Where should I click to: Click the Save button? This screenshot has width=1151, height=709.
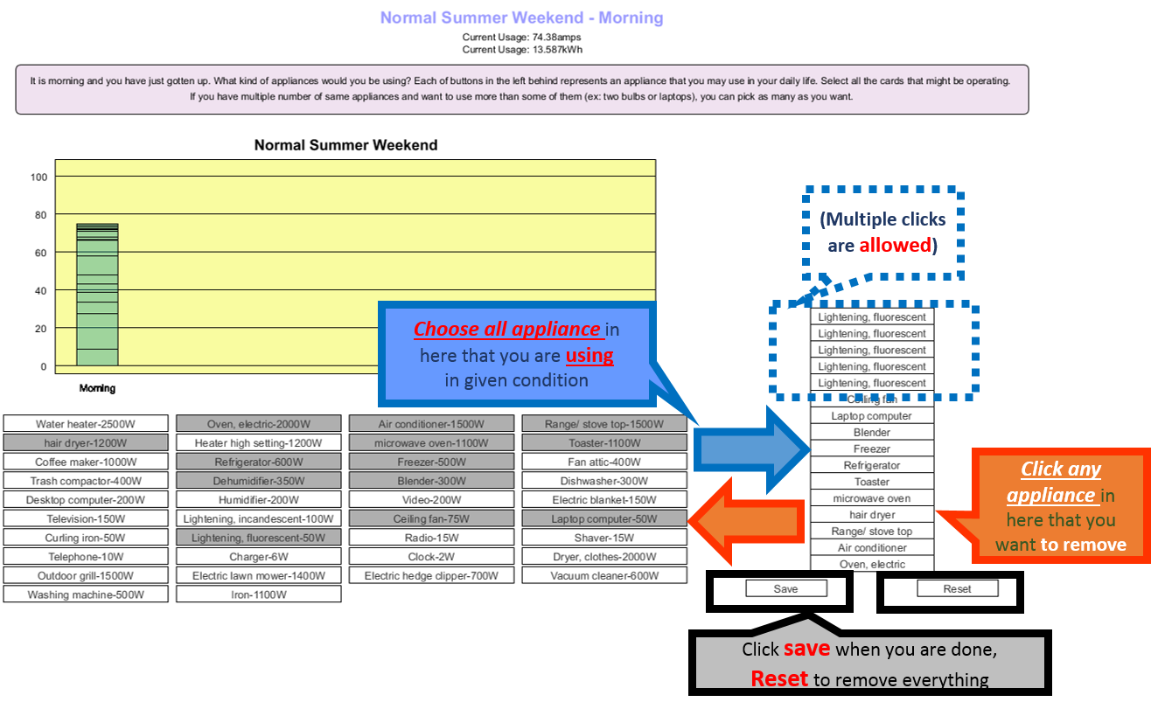point(785,589)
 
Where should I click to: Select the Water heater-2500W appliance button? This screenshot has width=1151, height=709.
point(86,424)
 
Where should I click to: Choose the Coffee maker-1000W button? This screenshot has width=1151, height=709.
point(86,462)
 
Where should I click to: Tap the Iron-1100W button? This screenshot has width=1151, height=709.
point(258,594)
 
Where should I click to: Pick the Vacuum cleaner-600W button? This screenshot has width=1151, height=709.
point(604,576)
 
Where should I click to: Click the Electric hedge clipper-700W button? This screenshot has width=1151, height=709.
point(431,576)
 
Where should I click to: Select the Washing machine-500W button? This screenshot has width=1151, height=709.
point(86,594)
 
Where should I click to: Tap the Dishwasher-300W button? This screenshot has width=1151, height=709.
point(604,481)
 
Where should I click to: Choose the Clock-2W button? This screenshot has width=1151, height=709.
point(431,557)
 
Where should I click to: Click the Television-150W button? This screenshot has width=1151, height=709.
point(86,518)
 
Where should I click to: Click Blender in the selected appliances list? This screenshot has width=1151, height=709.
point(872,433)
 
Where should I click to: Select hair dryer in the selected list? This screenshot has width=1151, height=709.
point(872,515)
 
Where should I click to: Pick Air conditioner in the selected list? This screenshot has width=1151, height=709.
point(872,548)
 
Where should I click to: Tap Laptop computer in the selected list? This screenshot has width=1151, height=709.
point(872,416)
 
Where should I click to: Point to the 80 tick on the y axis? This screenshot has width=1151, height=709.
point(38,215)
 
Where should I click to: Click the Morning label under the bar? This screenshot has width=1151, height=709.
point(97,388)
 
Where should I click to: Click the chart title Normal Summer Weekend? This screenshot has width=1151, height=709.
point(345,145)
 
